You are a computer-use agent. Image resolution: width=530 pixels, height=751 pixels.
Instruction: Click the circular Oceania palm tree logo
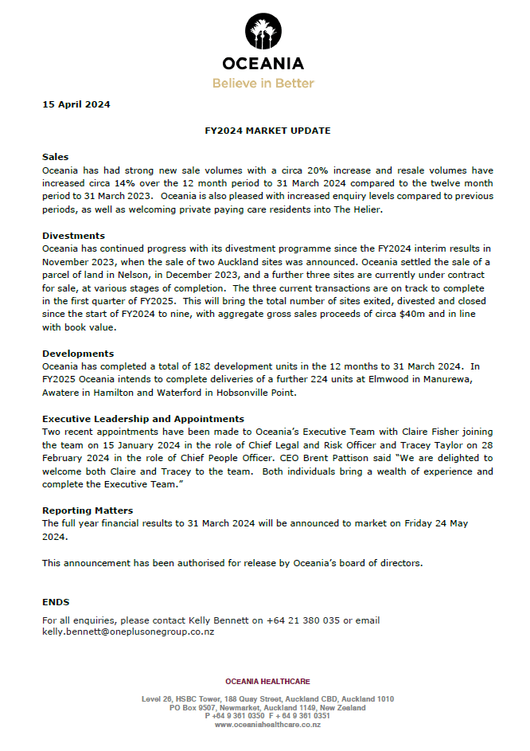[x=263, y=33]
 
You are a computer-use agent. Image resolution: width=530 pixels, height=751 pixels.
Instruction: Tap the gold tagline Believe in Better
[x=263, y=83]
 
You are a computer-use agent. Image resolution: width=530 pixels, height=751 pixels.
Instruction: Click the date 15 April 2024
[x=76, y=104]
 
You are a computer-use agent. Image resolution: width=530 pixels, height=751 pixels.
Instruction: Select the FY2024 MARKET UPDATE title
[x=267, y=131]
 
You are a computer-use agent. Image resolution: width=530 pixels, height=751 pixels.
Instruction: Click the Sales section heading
[x=55, y=157]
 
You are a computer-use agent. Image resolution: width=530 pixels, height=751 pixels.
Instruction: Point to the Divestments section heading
[x=73, y=236]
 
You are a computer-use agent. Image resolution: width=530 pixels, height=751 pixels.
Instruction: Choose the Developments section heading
[x=78, y=354]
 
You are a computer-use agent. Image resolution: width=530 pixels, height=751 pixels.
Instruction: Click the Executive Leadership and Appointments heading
[x=143, y=419]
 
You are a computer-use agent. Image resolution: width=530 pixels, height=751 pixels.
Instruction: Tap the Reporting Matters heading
[x=88, y=510]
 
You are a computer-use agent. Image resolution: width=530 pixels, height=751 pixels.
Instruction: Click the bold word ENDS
[x=56, y=602]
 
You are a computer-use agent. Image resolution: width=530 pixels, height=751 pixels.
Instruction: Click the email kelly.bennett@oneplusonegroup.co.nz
[x=128, y=632]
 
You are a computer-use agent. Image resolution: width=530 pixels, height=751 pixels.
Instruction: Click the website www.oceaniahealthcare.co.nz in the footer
[x=267, y=725]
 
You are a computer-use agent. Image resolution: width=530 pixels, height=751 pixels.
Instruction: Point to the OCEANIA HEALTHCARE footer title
[x=267, y=682]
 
